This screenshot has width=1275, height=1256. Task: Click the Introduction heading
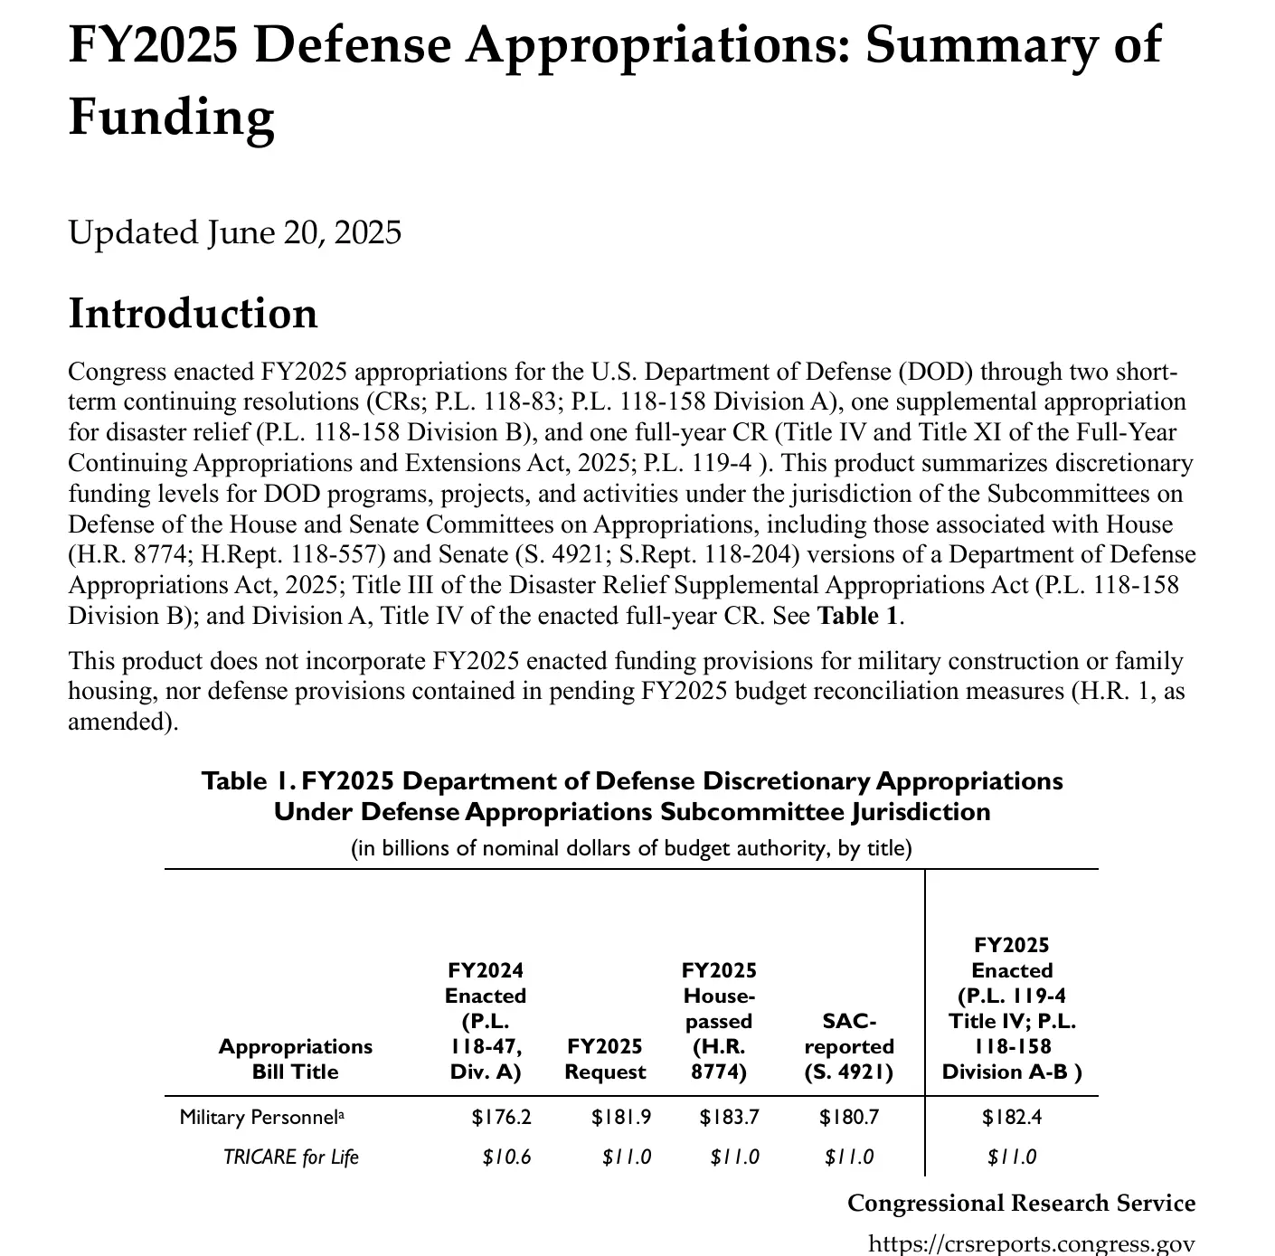coord(193,314)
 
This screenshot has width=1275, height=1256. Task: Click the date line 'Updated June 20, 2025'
coord(234,232)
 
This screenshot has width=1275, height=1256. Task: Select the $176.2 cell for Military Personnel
coord(501,1118)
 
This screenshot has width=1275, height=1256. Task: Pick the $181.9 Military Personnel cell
coord(621,1118)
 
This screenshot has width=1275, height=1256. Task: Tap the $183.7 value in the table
coord(729,1118)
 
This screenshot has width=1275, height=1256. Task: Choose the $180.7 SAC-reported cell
coord(848,1118)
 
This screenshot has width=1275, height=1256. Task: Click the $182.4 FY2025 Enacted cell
coord(1012,1118)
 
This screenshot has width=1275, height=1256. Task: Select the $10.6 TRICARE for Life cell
coord(506,1157)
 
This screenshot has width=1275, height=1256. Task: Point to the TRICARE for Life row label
coord(290,1157)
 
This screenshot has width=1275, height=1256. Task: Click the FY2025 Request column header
coord(605,1059)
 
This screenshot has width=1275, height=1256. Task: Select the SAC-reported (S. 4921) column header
coord(848,1046)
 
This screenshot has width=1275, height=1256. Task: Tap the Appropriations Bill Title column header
coord(295,1059)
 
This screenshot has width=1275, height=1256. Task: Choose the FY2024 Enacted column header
coord(486,1021)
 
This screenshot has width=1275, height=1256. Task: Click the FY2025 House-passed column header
coord(719,1021)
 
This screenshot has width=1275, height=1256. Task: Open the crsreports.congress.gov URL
coord(1031,1243)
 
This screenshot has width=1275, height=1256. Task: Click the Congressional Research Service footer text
coord(1021,1204)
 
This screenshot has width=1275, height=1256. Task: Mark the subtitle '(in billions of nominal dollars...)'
coord(631,848)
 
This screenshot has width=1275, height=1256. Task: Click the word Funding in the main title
coord(171,118)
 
